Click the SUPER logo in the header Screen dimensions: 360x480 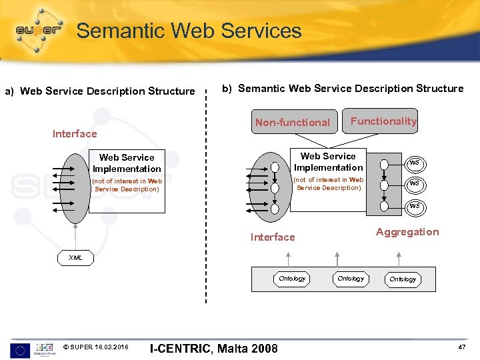click(37, 31)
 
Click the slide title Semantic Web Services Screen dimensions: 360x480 click(189, 31)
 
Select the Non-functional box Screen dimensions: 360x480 click(292, 122)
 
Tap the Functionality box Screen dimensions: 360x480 click(383, 121)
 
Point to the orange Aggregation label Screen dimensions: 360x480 click(407, 232)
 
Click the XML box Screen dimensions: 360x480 click(76, 258)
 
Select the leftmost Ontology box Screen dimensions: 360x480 click(292, 279)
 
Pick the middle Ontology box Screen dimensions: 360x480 click(351, 279)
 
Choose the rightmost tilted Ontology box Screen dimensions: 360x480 click(403, 279)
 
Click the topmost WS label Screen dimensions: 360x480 click(414, 163)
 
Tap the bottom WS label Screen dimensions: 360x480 click(414, 207)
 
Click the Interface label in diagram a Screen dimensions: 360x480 click(75, 134)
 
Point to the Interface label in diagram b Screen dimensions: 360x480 click(272, 237)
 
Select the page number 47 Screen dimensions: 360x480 click(463, 347)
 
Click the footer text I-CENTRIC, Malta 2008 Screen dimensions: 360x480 click(213, 348)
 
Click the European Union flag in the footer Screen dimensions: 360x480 click(20, 349)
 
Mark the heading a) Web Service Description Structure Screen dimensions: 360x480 click(100, 91)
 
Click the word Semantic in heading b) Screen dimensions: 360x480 click(261, 89)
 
